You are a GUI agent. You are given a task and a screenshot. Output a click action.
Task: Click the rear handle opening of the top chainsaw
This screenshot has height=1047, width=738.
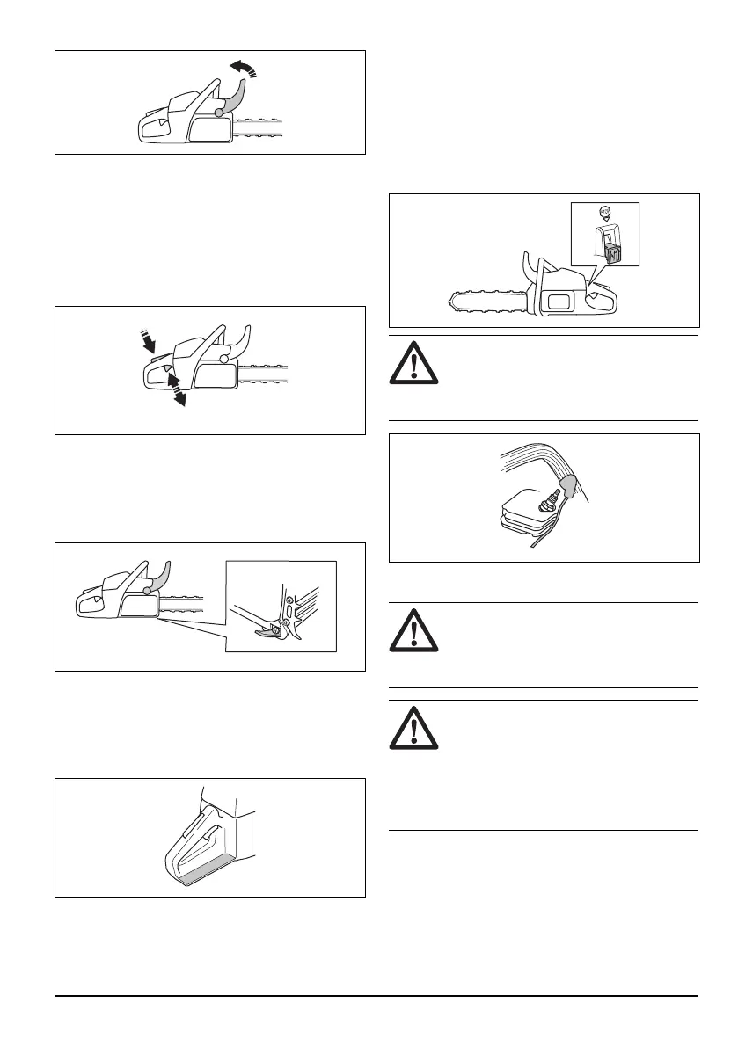151,130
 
